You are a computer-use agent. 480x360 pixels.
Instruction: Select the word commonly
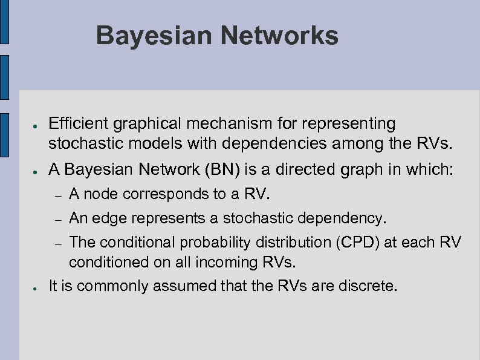[x=115, y=286]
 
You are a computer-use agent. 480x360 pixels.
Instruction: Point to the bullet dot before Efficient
[x=36, y=125]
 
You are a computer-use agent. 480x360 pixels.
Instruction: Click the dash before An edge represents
[x=56, y=218]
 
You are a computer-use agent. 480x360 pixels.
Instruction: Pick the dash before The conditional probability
[x=56, y=243]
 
